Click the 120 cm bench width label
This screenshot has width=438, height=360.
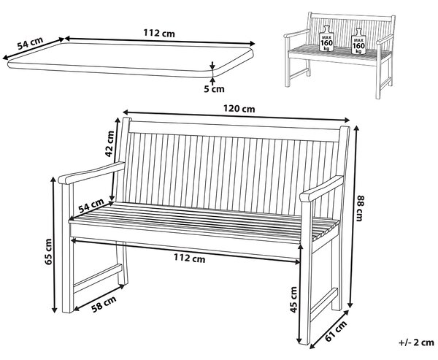pos(239,108)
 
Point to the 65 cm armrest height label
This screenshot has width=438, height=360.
pos(48,251)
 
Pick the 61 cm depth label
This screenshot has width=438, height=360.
pos(336,332)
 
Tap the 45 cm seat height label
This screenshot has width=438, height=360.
pos(293,299)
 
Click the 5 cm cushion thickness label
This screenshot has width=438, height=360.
pos(214,89)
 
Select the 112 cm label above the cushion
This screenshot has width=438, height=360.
pos(159,34)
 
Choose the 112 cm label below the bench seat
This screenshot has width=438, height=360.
pos(189,258)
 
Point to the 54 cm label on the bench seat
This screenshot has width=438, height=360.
pos(91,205)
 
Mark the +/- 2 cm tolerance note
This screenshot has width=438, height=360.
pos(416,342)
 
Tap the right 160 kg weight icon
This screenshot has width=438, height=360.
pos(358,42)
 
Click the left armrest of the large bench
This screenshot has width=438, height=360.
pos(91,173)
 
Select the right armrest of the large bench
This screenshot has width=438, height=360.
pos(322,188)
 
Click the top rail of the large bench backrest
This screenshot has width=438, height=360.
pos(234,131)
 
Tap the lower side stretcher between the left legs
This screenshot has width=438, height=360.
pos(98,278)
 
